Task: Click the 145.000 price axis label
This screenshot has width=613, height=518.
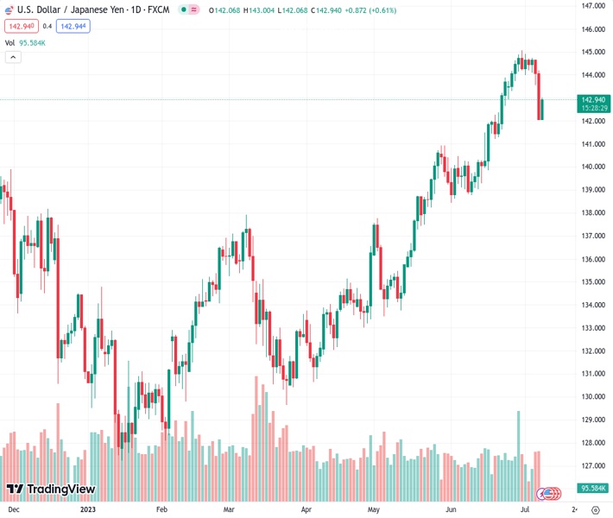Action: tap(592, 52)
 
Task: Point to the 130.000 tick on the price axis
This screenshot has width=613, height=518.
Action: tap(592, 397)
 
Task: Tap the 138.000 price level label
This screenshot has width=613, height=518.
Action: tap(592, 212)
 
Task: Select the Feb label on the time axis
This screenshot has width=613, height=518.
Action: tap(160, 509)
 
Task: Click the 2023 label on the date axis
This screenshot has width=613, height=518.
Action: tap(87, 509)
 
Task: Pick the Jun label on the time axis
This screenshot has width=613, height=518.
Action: tap(451, 509)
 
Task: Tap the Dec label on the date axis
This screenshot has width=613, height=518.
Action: tap(14, 509)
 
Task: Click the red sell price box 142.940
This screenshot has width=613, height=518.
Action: tap(21, 26)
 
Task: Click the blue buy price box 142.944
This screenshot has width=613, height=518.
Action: tap(73, 26)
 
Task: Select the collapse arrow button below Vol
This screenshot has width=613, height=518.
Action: tap(13, 57)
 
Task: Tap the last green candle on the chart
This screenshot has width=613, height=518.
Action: tap(542, 110)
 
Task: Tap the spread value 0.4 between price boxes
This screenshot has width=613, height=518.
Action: tap(47, 26)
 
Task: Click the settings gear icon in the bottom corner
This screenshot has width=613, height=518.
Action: tap(596, 509)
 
